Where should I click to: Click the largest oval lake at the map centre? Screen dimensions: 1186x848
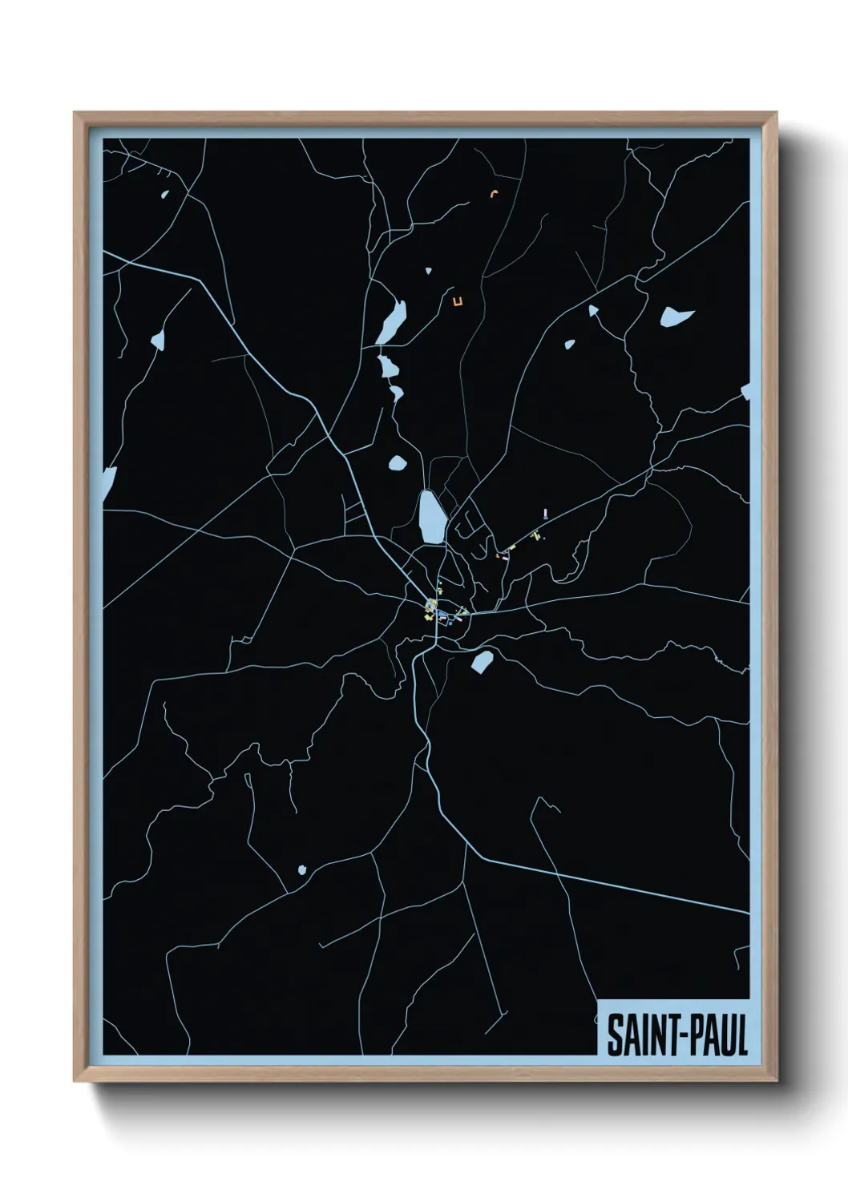tap(430, 518)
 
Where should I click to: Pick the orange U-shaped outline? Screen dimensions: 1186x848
tap(458, 302)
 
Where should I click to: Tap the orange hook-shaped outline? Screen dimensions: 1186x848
tap(495, 193)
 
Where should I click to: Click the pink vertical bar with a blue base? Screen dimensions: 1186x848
tap(545, 514)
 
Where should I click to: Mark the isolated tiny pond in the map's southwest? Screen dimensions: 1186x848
tap(302, 869)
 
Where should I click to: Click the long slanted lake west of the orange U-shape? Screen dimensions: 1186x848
tap(392, 323)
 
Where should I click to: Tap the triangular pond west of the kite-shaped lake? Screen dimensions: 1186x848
tap(594, 311)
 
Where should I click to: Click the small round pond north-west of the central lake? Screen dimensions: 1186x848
tap(397, 463)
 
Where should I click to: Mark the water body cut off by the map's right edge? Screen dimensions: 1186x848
tap(745, 392)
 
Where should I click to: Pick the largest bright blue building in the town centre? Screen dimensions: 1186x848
tap(442, 616)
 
